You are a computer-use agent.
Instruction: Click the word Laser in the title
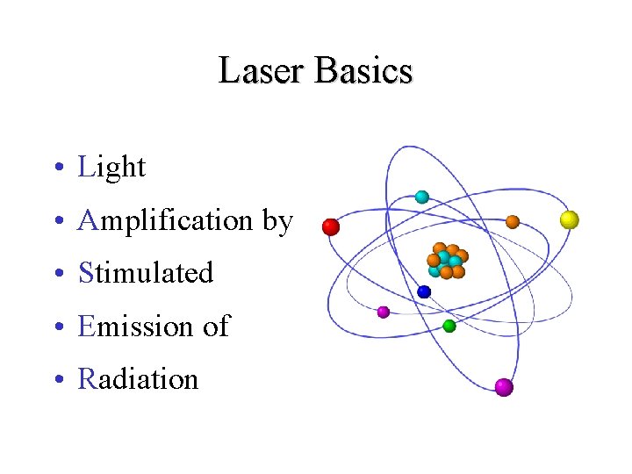point(261,71)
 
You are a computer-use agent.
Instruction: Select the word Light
point(111,167)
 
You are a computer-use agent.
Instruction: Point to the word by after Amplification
point(277,221)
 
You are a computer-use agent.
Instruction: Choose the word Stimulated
point(146,273)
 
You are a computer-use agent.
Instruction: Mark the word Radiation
point(138,379)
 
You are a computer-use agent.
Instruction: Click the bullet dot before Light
point(55,168)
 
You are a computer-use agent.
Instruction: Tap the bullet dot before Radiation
point(55,380)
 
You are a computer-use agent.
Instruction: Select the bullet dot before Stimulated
point(55,274)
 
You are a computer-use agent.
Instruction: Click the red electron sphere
point(331,227)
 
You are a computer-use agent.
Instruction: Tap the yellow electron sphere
point(570,219)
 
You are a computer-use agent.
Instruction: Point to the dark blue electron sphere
point(424,291)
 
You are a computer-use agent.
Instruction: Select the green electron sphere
point(449,326)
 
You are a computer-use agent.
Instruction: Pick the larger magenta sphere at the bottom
point(503,387)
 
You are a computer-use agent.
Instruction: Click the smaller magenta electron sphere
point(383,312)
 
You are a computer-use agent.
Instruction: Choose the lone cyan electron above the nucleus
point(421,197)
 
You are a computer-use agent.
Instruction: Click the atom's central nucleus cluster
point(447,261)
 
